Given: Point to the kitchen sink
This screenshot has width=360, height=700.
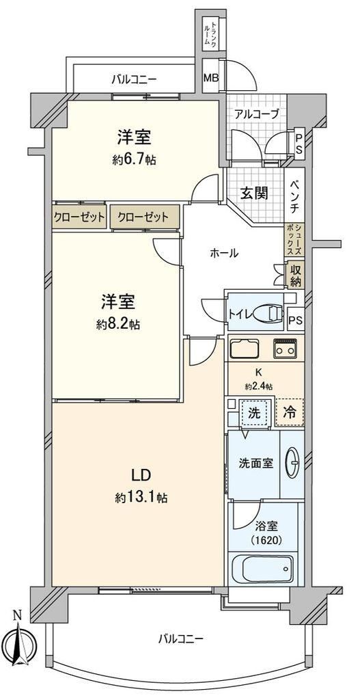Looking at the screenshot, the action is pyautogui.click(x=245, y=348).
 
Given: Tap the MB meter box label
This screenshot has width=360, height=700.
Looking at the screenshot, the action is pyautogui.click(x=211, y=77).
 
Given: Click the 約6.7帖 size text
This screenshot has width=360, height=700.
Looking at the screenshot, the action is pyautogui.click(x=134, y=160).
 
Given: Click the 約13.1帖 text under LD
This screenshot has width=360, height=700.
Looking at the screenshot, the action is pyautogui.click(x=142, y=498).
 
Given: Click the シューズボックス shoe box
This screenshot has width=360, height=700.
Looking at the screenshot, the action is pyautogui.click(x=294, y=240).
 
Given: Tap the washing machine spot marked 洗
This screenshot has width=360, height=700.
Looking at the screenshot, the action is pyautogui.click(x=253, y=412).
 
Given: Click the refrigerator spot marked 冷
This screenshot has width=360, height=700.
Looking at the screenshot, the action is pyautogui.click(x=290, y=412).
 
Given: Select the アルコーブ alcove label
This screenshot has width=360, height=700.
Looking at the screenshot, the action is pyautogui.click(x=257, y=114).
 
